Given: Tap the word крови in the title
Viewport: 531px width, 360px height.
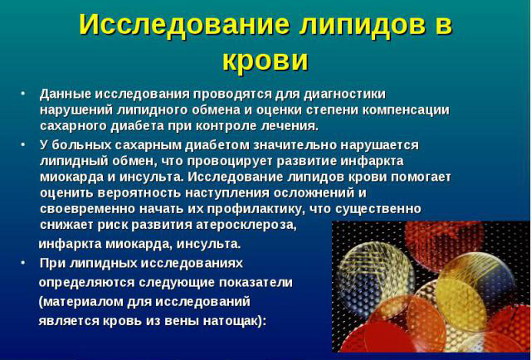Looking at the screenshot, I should pos(265,59).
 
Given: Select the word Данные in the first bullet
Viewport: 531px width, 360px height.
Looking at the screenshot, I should pos(65,93).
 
